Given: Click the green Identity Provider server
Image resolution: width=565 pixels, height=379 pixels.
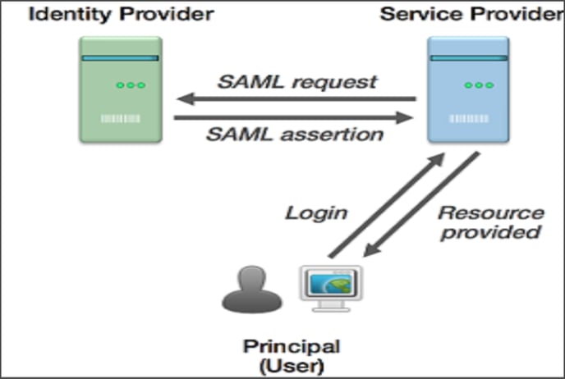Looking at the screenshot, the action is [121, 89].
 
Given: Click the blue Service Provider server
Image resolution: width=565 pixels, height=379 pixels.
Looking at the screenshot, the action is [468, 89].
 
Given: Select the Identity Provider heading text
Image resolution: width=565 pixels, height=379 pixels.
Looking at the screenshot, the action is [122, 15].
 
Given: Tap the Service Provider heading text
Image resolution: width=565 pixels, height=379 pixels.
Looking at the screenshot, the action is [472, 15].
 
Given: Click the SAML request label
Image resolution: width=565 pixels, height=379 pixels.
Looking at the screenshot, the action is [297, 82].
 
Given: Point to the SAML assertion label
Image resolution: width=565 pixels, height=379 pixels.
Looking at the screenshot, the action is [295, 135].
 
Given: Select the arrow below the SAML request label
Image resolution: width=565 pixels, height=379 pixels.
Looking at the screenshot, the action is [296, 99].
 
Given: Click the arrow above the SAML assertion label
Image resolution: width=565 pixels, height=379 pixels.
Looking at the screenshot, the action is [293, 117].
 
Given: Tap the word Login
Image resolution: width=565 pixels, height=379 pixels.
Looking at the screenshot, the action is [316, 213].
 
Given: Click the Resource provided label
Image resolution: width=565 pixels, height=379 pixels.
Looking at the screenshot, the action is [491, 222].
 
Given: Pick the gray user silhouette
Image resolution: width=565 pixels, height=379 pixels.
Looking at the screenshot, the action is [252, 290].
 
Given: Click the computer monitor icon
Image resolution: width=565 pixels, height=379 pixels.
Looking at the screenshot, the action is [332, 289].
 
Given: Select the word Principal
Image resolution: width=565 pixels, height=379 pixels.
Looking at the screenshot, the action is [292, 347].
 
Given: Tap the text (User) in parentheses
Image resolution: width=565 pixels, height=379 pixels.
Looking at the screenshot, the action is [292, 366].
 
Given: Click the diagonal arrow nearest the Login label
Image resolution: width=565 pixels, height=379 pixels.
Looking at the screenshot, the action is [386, 205].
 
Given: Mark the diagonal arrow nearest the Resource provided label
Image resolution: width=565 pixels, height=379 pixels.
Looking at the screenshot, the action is [421, 204].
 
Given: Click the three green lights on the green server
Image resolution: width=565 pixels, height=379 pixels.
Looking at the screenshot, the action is [131, 85].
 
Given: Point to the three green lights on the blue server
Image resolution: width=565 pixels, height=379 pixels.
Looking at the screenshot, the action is [479, 85].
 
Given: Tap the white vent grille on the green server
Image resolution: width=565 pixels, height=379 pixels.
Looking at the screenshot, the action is [121, 118].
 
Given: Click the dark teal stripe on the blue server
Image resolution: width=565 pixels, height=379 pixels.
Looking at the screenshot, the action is [468, 58].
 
